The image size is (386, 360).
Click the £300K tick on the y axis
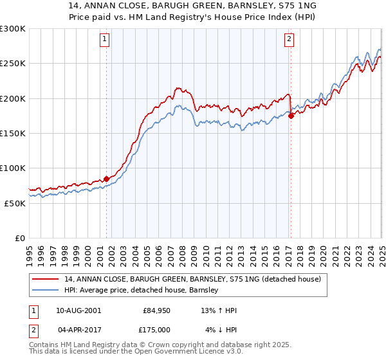click(x=12, y=29)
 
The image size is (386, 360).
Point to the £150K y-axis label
click(x=12, y=133)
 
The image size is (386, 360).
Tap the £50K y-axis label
click(x=14, y=203)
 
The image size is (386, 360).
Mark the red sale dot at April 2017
click(x=291, y=116)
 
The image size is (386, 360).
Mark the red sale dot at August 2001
click(x=107, y=179)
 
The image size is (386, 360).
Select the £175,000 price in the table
click(x=154, y=329)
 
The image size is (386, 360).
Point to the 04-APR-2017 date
click(x=78, y=329)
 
